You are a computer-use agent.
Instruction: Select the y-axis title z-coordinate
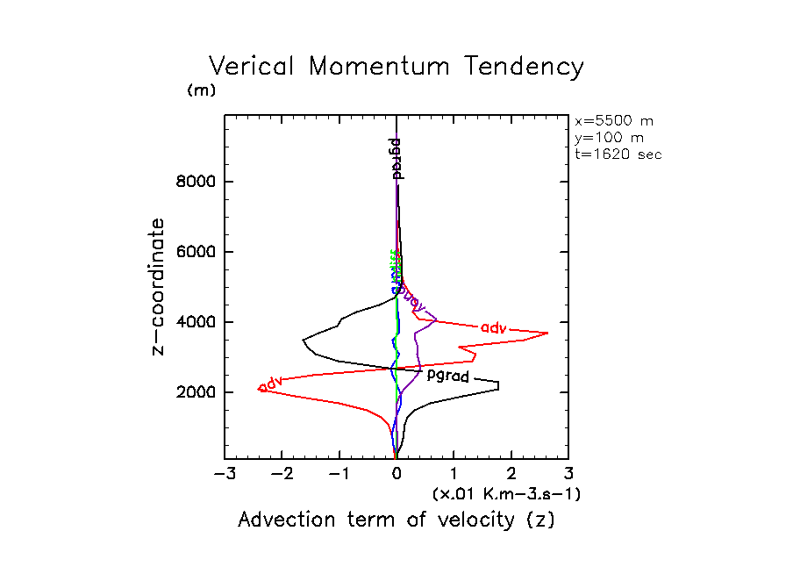[x=159, y=286]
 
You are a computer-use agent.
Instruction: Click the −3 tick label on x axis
[x=224, y=475]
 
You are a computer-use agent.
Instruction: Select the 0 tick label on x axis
[x=396, y=475]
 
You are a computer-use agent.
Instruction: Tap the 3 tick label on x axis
[x=568, y=475]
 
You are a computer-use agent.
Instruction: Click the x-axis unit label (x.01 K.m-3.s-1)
[x=506, y=494]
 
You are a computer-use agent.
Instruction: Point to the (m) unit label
[x=201, y=90]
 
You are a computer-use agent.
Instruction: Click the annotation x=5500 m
[x=613, y=121]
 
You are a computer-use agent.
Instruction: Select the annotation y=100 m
[x=608, y=138]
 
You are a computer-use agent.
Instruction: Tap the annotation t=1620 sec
[x=618, y=154]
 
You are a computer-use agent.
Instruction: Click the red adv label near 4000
[x=494, y=327]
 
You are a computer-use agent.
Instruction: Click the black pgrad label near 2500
[x=447, y=377]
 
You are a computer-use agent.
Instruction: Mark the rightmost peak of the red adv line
[x=548, y=333]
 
